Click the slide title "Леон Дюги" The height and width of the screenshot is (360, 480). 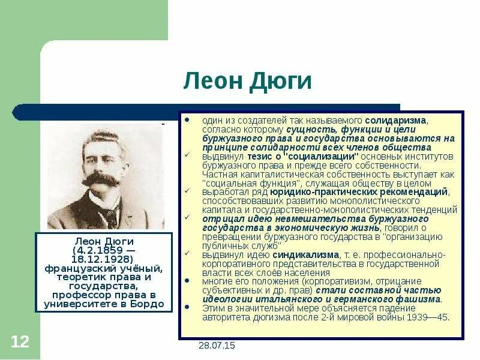[247, 81]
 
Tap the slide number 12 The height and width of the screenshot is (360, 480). [20, 342]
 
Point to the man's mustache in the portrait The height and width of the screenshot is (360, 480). [100, 179]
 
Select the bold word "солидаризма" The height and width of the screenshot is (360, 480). [395, 120]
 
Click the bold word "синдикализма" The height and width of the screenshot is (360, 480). [304, 255]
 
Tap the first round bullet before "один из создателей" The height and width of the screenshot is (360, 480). [188, 120]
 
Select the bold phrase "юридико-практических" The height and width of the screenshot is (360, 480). [318, 192]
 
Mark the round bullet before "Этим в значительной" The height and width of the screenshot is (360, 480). [188, 308]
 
